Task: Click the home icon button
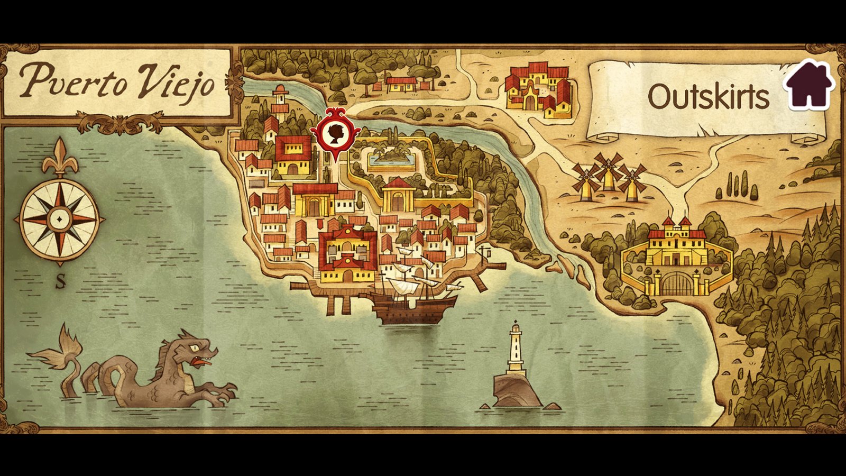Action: click(x=809, y=85)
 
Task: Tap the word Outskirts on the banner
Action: click(x=708, y=97)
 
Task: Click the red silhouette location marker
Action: click(x=335, y=133)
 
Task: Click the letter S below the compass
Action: click(x=61, y=282)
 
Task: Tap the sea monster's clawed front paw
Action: click(x=225, y=394)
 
